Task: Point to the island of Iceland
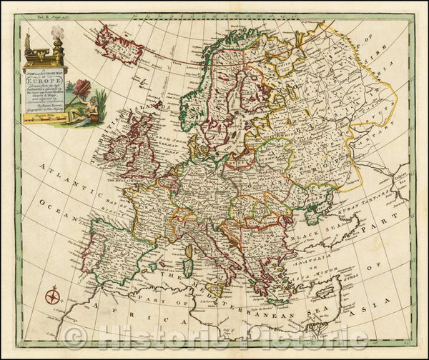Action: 119,44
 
